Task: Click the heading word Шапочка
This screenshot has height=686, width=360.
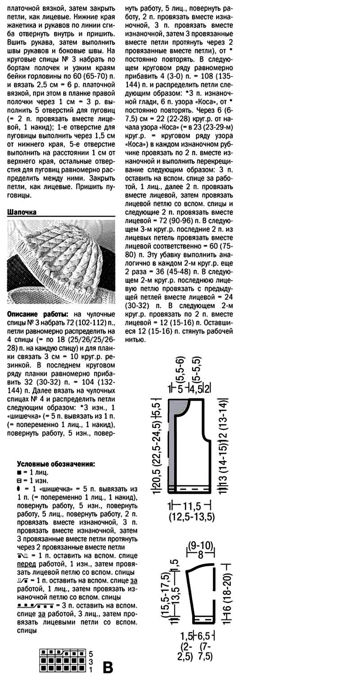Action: tap(22, 212)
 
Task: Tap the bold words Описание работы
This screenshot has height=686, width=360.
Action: tap(38, 314)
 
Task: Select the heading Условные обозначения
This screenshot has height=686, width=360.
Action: tap(56, 464)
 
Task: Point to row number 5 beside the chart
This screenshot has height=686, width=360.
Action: tap(90, 653)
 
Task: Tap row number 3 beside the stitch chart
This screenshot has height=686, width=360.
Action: tap(90, 662)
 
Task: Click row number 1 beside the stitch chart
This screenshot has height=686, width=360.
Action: tap(90, 670)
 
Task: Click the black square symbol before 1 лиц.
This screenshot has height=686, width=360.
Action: tap(19, 473)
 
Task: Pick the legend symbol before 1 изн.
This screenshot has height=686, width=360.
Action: tap(19, 481)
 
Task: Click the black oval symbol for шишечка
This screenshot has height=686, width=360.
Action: tap(19, 489)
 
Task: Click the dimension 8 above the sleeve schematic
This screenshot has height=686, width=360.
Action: tap(201, 554)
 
